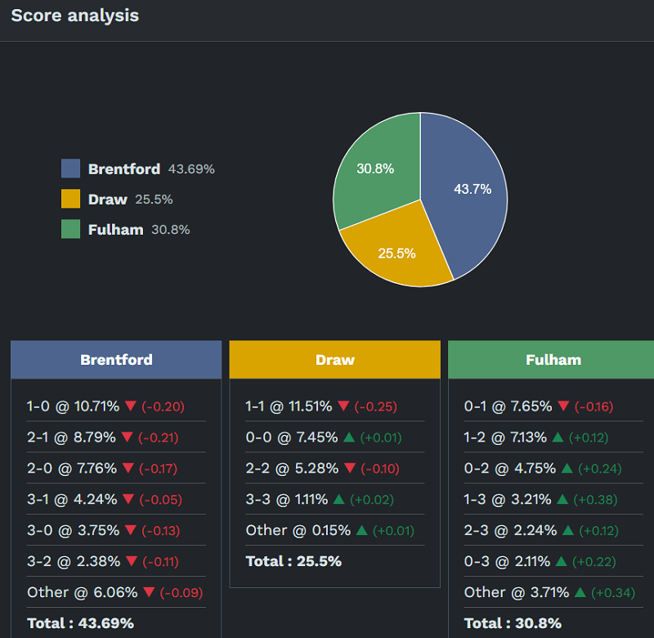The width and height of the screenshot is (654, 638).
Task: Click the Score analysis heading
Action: (x=74, y=16)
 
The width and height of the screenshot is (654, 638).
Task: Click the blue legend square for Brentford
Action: (x=71, y=168)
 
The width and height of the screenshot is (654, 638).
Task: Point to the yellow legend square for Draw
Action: (x=71, y=199)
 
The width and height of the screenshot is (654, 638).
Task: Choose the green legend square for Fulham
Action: (x=71, y=229)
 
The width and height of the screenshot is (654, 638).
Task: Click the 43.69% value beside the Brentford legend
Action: (x=191, y=169)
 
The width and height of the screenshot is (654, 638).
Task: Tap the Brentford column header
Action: (x=116, y=360)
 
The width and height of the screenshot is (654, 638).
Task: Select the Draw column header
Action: (x=335, y=360)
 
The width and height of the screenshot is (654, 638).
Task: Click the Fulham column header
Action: (x=553, y=360)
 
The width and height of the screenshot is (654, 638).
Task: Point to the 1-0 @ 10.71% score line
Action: (x=73, y=407)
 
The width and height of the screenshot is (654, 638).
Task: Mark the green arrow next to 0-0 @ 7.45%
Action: (x=349, y=438)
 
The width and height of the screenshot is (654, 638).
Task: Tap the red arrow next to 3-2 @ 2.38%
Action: (x=128, y=562)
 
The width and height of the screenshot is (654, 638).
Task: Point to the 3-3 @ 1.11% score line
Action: (x=287, y=499)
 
